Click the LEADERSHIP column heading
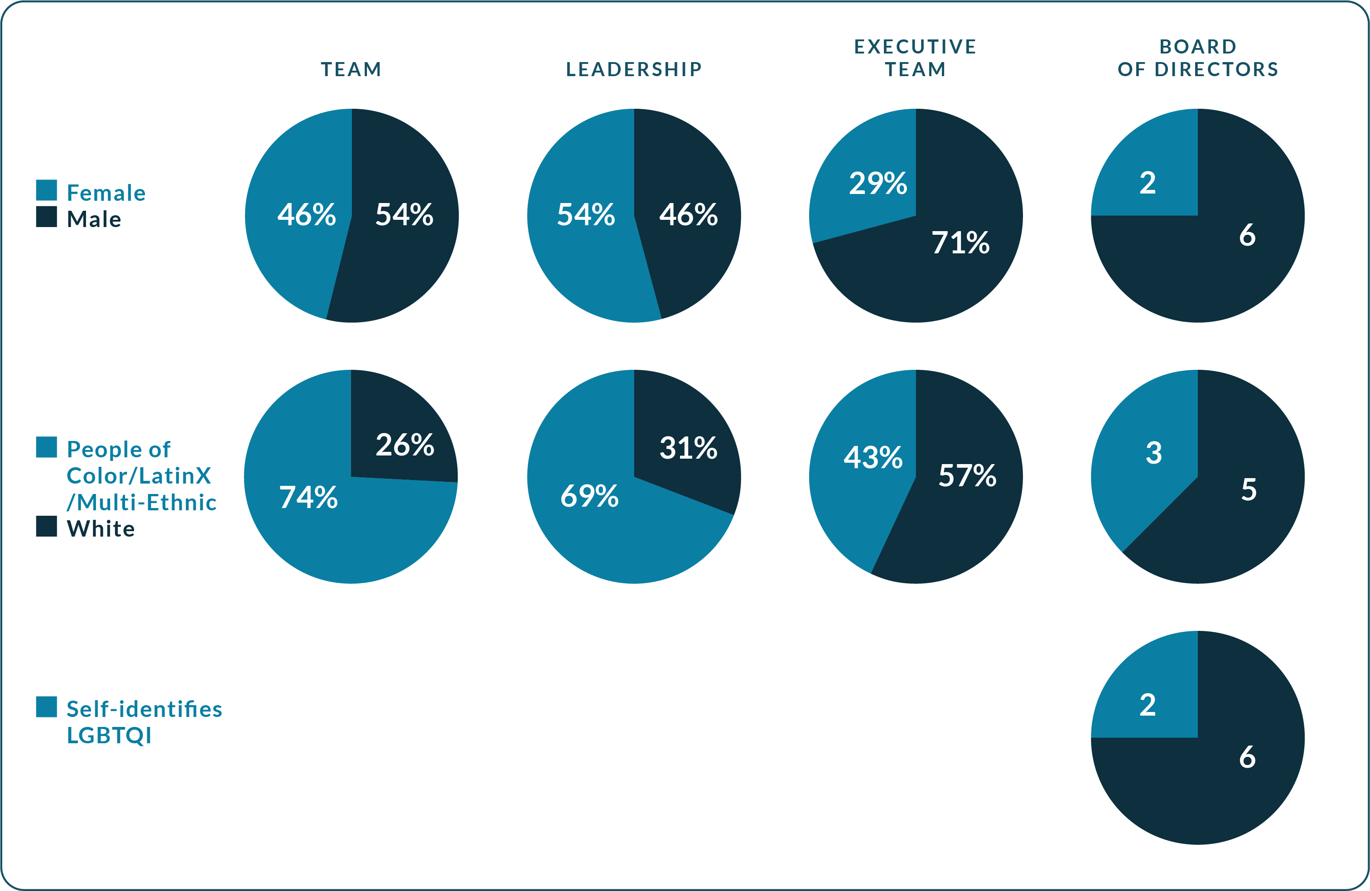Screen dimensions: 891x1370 pyautogui.click(x=634, y=69)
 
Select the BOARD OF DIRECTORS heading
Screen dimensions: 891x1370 pyautogui.click(x=1197, y=58)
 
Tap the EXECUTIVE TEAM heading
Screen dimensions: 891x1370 pyautogui.click(x=915, y=58)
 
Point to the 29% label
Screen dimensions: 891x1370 pyautogui.click(x=878, y=183)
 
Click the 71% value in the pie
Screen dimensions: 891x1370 pyautogui.click(x=960, y=242)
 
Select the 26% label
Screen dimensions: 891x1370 pyautogui.click(x=405, y=445)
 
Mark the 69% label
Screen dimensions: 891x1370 pyautogui.click(x=589, y=496)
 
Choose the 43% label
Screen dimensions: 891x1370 pyautogui.click(x=873, y=457)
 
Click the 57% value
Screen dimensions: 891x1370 pyautogui.click(x=967, y=475)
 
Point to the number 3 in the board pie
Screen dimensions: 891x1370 pyautogui.click(x=1153, y=453)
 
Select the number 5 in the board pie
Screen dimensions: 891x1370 pyautogui.click(x=1249, y=489)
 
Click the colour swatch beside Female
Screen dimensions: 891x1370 pyautogui.click(x=46, y=190)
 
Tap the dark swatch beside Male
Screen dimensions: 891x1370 pyautogui.click(x=46, y=217)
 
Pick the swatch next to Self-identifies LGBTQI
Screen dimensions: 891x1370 pyautogui.click(x=46, y=707)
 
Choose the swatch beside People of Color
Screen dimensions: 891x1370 pyautogui.click(x=46, y=447)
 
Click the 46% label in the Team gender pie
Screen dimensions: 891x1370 pyautogui.click(x=306, y=214)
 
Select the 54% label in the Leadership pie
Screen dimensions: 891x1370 pyautogui.click(x=585, y=214)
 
